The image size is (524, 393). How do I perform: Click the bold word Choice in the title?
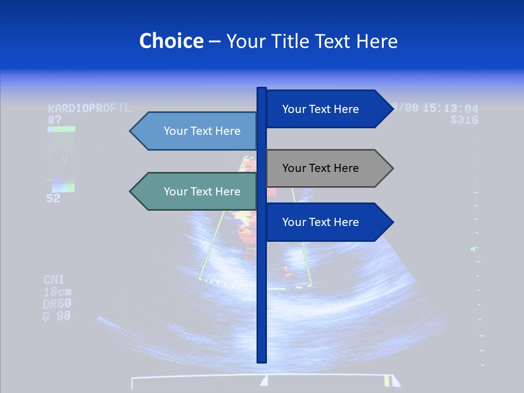tap(171, 41)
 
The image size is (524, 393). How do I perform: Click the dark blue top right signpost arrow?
tap(327, 109)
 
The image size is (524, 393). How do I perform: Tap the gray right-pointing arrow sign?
tap(327, 168)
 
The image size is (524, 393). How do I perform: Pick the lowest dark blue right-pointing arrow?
tap(327, 222)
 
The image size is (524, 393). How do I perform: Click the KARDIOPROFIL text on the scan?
tap(90, 108)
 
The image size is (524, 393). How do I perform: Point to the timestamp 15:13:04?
tap(450, 108)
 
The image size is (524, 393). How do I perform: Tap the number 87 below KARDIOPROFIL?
tap(55, 120)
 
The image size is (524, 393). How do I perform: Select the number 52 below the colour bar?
tap(53, 199)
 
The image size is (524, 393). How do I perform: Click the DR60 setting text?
tap(57, 304)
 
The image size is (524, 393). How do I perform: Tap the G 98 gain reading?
tap(57, 316)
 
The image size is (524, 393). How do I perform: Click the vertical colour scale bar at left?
tap(61, 159)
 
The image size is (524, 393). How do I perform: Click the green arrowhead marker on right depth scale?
tap(474, 249)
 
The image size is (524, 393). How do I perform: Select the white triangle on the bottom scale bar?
tap(264, 380)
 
